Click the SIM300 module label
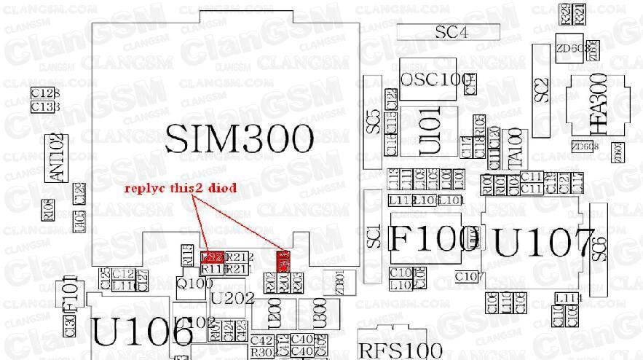(x=239, y=138)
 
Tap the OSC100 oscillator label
(x=435, y=79)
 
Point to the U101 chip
(x=430, y=130)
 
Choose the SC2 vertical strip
(x=540, y=89)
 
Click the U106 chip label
(x=141, y=332)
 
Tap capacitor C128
(x=45, y=94)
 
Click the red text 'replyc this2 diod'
(x=180, y=188)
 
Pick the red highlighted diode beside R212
(x=211, y=257)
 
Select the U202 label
(x=232, y=298)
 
